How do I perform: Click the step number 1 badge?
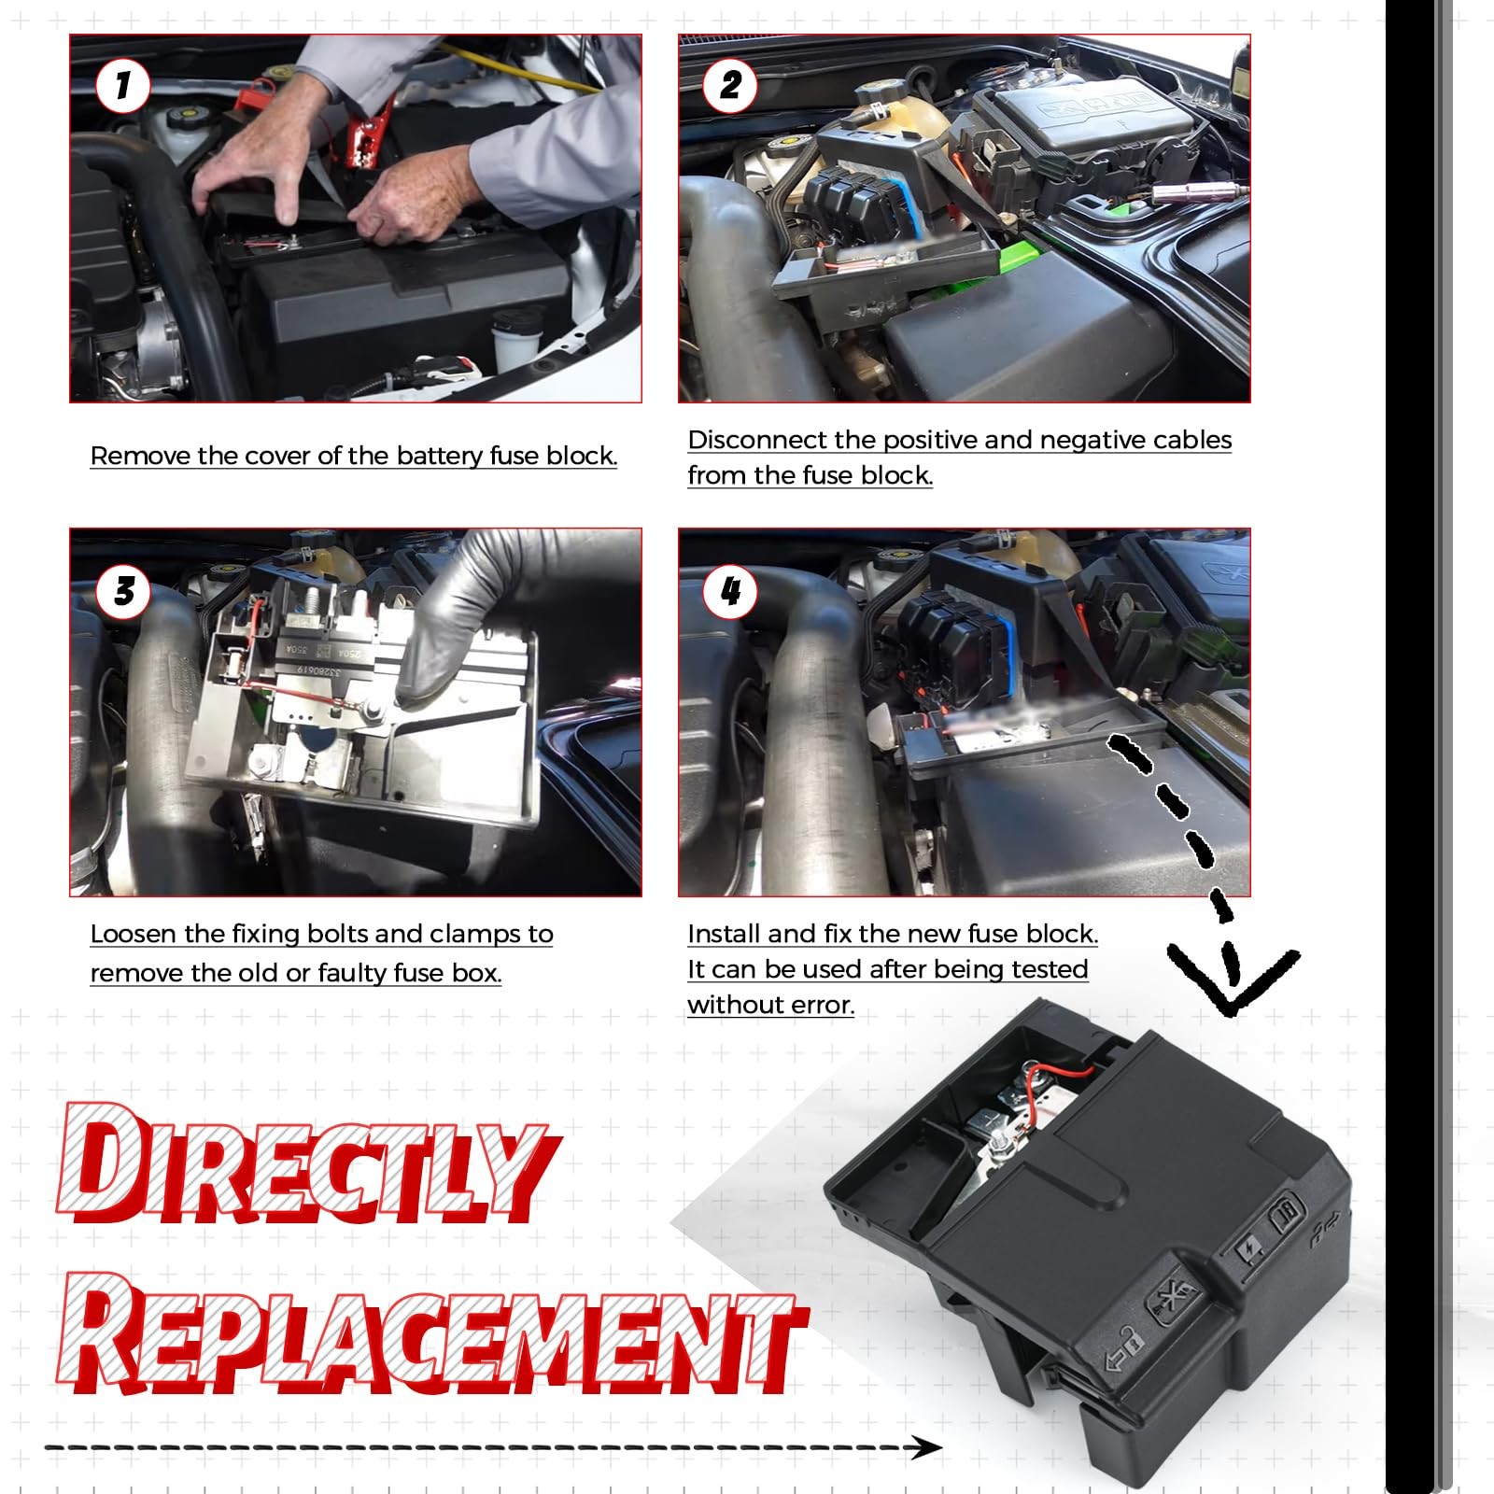coord(122,86)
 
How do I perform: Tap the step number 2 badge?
coord(730,86)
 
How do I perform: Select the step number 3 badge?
coord(122,590)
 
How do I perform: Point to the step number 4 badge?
coord(730,590)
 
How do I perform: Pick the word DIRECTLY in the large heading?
coord(303,1165)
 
